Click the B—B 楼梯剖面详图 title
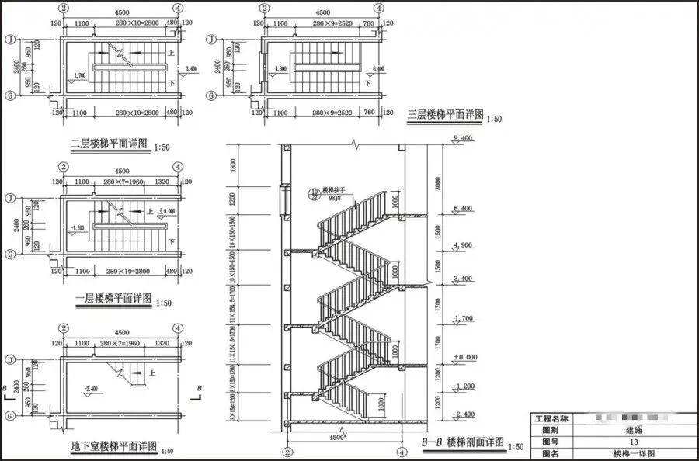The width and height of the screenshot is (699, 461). tap(461, 444)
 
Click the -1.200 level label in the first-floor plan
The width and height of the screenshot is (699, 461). tap(78, 227)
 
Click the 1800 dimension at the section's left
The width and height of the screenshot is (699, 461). tap(233, 165)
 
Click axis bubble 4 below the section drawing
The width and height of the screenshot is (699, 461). tap(402, 451)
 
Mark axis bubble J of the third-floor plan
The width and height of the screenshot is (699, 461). tap(210, 38)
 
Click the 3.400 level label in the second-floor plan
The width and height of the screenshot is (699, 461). tap(193, 69)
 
